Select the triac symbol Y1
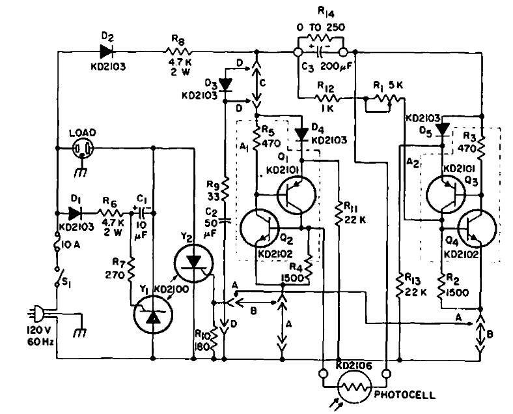tap(153, 317)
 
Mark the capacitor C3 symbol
tap(320, 50)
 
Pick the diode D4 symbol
tap(301, 134)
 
